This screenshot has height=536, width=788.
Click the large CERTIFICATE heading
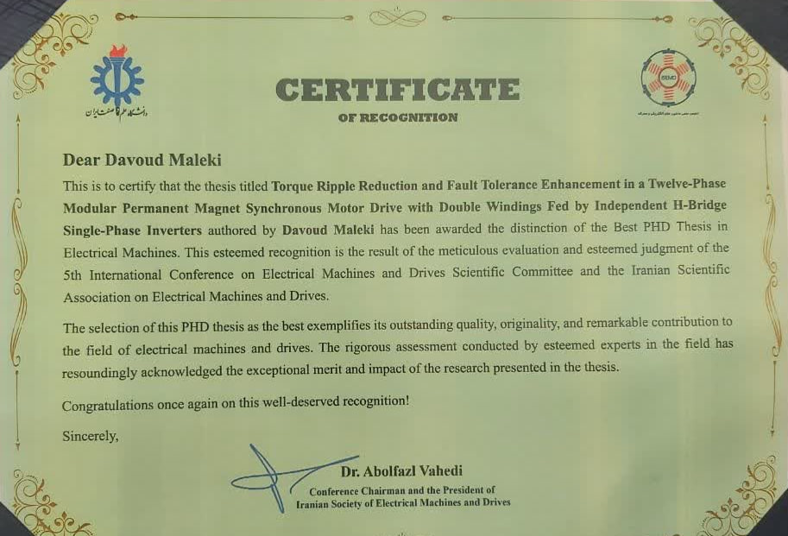pos(398,89)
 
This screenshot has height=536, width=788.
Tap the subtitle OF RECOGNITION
pos(398,117)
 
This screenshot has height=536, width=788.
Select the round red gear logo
pos(667,78)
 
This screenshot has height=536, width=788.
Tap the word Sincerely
pos(90,437)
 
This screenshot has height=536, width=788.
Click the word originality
pos(507,323)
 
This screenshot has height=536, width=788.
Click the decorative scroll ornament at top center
pos(397,18)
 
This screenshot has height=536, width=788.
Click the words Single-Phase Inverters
pos(132,230)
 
